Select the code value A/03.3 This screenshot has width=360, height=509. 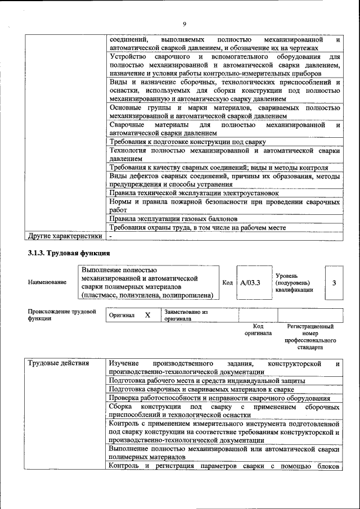click(x=250, y=282)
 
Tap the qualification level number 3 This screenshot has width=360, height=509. click(x=334, y=282)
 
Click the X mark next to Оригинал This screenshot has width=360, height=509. click(x=147, y=316)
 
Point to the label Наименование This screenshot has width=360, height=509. click(x=47, y=282)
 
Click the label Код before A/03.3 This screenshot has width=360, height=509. click(x=227, y=282)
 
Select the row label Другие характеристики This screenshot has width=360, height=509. click(x=65, y=237)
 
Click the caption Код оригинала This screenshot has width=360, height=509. click(x=258, y=330)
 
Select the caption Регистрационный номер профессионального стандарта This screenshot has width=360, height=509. click(x=310, y=337)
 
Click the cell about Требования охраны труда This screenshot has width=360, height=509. click(x=197, y=228)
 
